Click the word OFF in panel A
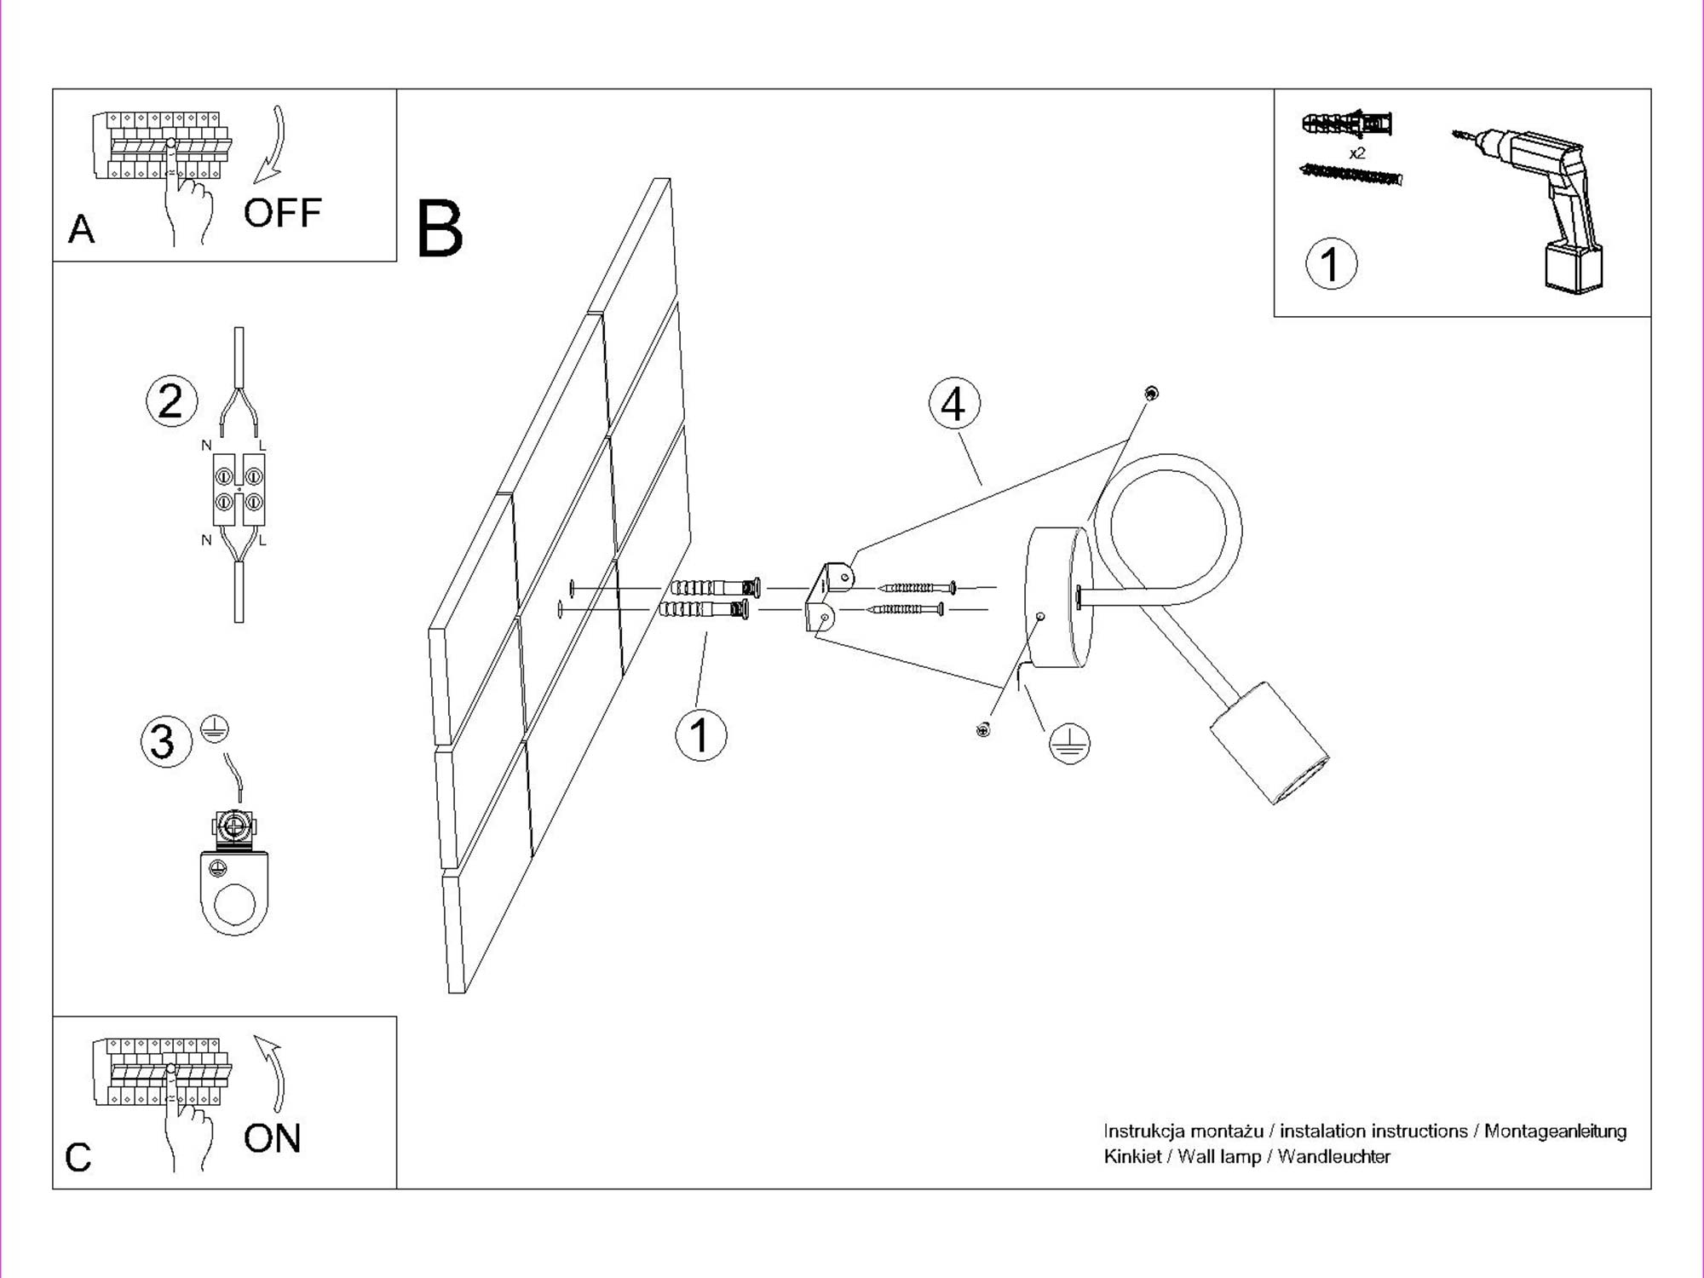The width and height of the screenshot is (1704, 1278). point(282,213)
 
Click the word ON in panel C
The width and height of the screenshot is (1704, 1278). point(272,1138)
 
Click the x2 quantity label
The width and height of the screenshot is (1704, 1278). point(1357,153)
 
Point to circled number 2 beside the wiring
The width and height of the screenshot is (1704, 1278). point(171,401)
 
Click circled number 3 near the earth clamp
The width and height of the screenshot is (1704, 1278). point(165,740)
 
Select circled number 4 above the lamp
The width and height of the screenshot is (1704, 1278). point(953,404)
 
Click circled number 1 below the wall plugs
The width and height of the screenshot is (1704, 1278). point(700,735)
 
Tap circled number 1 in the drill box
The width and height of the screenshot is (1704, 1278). point(1331,263)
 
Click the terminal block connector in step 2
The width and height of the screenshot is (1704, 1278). point(239,489)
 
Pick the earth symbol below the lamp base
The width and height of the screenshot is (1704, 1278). point(1069,743)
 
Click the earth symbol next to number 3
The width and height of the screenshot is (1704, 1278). point(215,728)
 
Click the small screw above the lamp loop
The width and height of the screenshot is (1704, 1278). point(1151,394)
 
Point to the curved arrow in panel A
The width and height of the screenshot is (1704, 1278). point(273,145)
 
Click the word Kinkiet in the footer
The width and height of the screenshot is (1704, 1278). point(1131,1157)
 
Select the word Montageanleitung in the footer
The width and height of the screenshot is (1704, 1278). point(1555,1131)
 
